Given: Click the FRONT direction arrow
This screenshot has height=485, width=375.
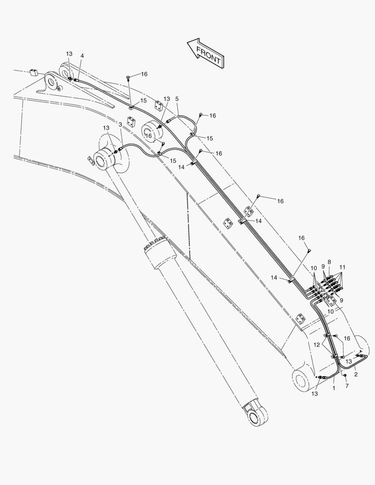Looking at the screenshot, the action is [x=206, y=53].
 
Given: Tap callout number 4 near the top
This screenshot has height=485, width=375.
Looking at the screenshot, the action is [x=82, y=56].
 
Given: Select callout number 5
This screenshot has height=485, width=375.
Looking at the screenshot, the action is [x=176, y=99].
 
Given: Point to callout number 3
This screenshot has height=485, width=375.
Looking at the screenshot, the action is [x=120, y=124].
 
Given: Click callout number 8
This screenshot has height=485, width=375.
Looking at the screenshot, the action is [x=329, y=262].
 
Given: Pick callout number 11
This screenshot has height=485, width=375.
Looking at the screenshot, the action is [x=342, y=267].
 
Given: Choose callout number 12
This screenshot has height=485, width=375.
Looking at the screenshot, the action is [x=317, y=345].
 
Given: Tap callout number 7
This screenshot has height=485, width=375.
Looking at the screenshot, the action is [x=347, y=386].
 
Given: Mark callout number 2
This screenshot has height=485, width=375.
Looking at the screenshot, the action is [x=356, y=375].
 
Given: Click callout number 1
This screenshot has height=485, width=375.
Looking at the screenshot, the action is [x=334, y=388].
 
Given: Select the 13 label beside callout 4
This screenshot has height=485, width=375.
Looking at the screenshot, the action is [x=69, y=54].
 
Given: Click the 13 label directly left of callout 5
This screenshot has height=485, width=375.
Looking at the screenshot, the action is [x=167, y=99].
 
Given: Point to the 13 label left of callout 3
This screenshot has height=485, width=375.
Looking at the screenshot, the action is [x=106, y=128].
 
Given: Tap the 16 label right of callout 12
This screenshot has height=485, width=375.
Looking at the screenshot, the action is [x=347, y=339].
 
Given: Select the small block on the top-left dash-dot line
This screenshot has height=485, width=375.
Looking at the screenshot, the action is [x=33, y=73].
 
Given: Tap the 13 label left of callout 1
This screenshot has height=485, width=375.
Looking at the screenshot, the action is [x=314, y=394].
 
